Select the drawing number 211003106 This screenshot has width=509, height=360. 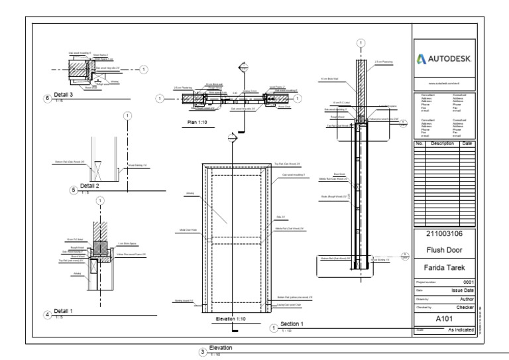tap(443, 234)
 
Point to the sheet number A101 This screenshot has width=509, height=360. tap(443, 318)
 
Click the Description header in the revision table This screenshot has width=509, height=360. tap(441, 143)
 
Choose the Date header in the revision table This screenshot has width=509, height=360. tap(467, 143)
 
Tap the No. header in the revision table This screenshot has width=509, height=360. tap(419, 143)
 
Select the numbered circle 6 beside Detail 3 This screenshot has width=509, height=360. tap(46, 98)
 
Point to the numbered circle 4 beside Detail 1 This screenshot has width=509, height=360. tap(46, 314)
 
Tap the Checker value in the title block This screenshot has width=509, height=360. tap(463, 308)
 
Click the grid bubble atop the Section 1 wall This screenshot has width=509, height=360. tap(360, 42)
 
